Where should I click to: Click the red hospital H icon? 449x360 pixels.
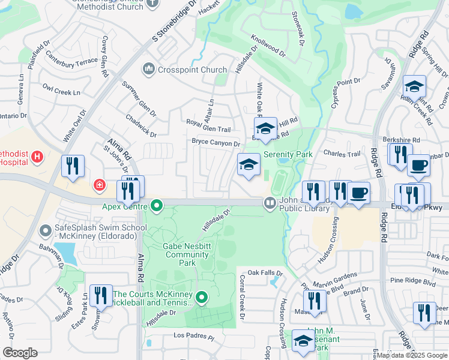(37, 157)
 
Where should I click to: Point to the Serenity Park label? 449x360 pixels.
(288, 154)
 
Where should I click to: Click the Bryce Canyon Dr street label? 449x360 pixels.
(215, 143)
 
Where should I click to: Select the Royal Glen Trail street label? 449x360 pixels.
(208, 128)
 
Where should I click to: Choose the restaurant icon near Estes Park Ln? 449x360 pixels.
(100, 296)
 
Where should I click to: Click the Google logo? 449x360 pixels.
(20, 352)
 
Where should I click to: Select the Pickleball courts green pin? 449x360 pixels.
(202, 297)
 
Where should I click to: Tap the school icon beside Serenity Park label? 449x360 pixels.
(249, 165)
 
